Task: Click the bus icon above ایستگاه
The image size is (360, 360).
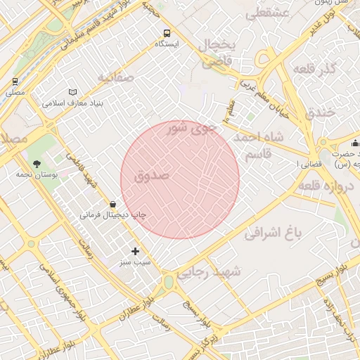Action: click(x=167, y=33)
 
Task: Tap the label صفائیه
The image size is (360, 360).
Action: click(x=116, y=77)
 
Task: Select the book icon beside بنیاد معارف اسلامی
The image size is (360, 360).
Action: click(x=73, y=92)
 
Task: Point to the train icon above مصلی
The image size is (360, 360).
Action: click(x=15, y=82)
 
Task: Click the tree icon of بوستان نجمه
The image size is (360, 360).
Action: click(x=37, y=162)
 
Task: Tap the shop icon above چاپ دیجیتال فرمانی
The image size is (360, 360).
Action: click(x=113, y=205)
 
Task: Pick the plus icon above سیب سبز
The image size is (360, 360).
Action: click(x=135, y=251)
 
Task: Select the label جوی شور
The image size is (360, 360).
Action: click(x=191, y=129)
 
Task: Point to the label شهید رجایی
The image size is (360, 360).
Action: click(x=210, y=271)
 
